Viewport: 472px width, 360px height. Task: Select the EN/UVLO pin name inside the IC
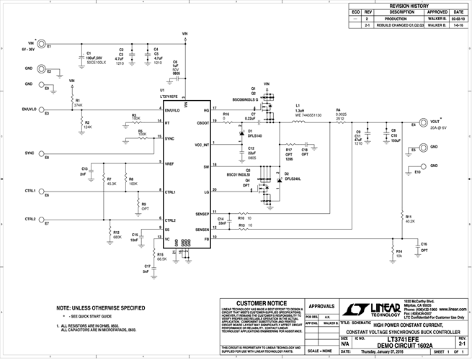click(x=174, y=111)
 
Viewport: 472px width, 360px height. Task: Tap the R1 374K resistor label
click(x=79, y=104)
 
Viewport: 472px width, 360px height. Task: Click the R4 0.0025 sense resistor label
click(x=342, y=114)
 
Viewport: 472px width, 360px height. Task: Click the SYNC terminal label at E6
click(x=30, y=153)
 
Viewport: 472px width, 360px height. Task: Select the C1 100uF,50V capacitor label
click(x=96, y=58)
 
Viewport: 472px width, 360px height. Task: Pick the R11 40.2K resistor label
click(x=409, y=219)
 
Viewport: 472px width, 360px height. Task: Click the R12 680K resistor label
click(x=117, y=235)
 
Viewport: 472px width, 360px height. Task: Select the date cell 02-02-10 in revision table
click(x=457, y=19)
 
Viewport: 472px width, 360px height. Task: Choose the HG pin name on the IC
click(x=206, y=111)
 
